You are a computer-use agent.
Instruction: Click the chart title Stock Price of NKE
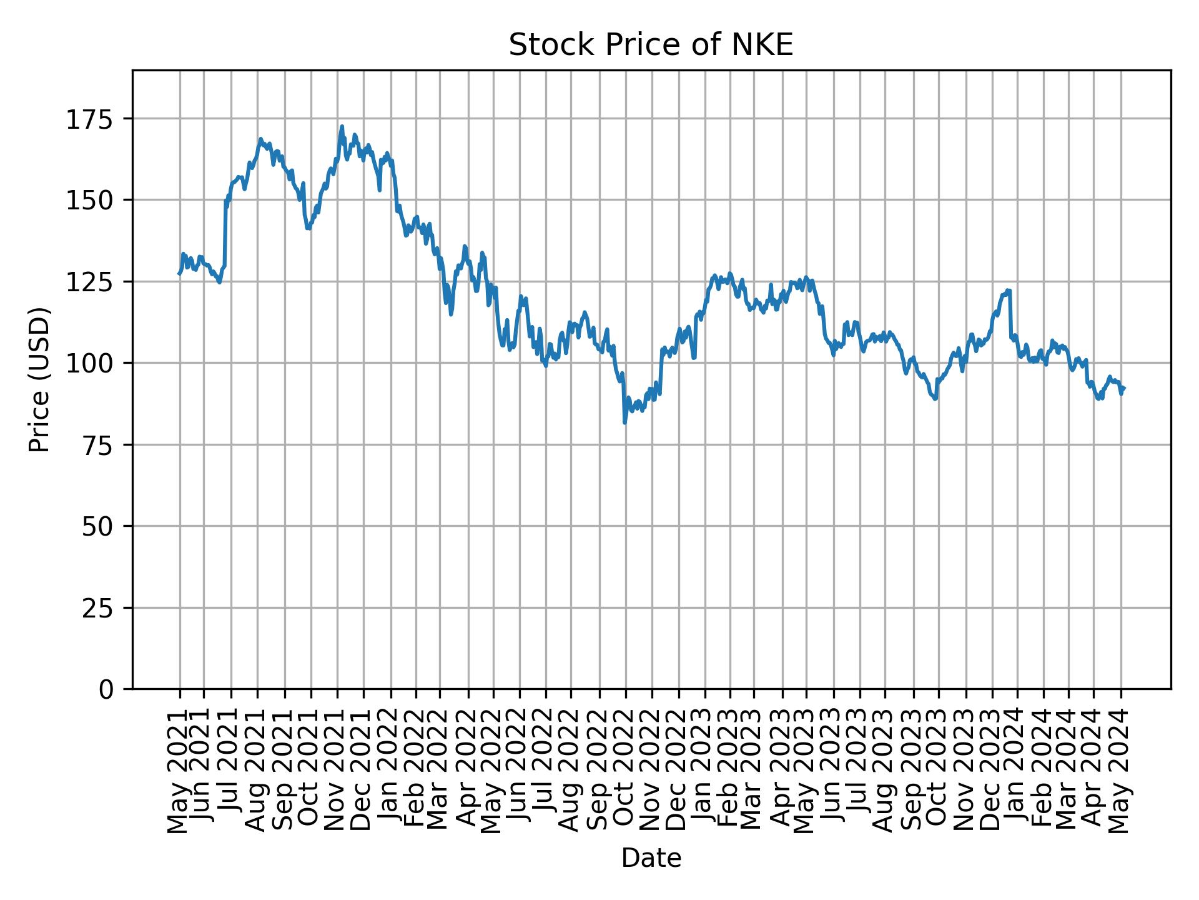pyautogui.click(x=651, y=45)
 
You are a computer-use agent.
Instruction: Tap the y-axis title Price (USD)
pyautogui.click(x=39, y=379)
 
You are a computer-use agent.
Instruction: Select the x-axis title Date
pyautogui.click(x=651, y=858)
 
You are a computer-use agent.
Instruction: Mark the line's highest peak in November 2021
pyautogui.click(x=342, y=126)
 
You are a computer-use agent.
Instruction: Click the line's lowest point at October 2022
pyautogui.click(x=625, y=422)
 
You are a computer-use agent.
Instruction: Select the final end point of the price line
pyautogui.click(x=1124, y=388)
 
